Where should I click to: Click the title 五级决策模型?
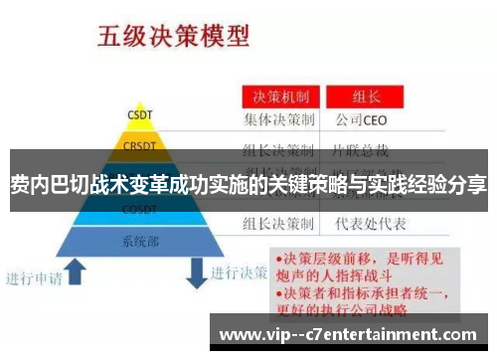pyautogui.click(x=172, y=37)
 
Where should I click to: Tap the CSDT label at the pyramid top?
pyautogui.click(x=139, y=112)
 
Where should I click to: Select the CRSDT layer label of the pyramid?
pyautogui.click(x=139, y=146)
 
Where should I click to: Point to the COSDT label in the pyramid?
pyautogui.click(x=139, y=210)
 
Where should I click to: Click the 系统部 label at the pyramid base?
pyautogui.click(x=139, y=241)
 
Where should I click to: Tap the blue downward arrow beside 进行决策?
pyautogui.click(x=195, y=270)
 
